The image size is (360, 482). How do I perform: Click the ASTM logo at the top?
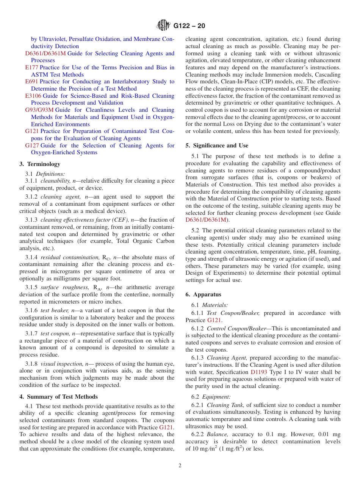[x=164, y=26]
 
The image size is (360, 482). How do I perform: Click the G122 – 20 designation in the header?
[x=189, y=26]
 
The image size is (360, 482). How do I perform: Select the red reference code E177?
[x=31, y=67]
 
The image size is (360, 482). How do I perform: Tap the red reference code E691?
[x=31, y=81]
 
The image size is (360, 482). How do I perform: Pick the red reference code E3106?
[x=33, y=96]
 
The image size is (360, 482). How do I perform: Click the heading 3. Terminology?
[x=40, y=164]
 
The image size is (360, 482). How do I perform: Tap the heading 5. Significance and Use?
[x=217, y=146]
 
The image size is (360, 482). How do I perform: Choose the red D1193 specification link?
[x=259, y=372]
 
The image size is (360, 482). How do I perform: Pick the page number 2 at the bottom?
[x=180, y=466]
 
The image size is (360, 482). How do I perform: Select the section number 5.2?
[x=195, y=230]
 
